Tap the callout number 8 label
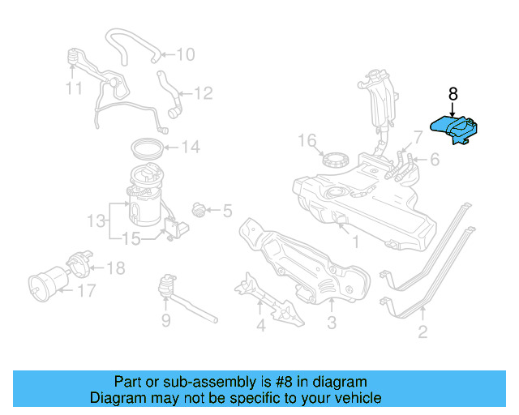click(x=452, y=93)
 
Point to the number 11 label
click(x=74, y=88)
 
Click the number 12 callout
click(x=203, y=94)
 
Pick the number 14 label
click(x=191, y=148)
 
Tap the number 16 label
click(x=306, y=142)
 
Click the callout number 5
click(x=226, y=212)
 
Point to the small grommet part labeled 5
click(x=199, y=212)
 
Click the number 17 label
click(x=87, y=289)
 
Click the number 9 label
click(x=165, y=322)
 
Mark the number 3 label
click(x=332, y=326)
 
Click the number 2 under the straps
click(x=422, y=332)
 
